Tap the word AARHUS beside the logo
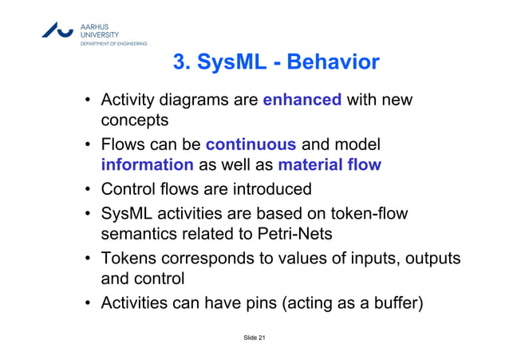(95, 25)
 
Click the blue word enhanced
(302, 101)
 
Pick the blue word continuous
(251, 145)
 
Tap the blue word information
(147, 165)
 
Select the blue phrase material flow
(329, 165)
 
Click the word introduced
(271, 190)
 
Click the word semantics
(138, 235)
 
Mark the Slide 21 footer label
(254, 339)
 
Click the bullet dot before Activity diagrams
(87, 101)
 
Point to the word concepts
(133, 121)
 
